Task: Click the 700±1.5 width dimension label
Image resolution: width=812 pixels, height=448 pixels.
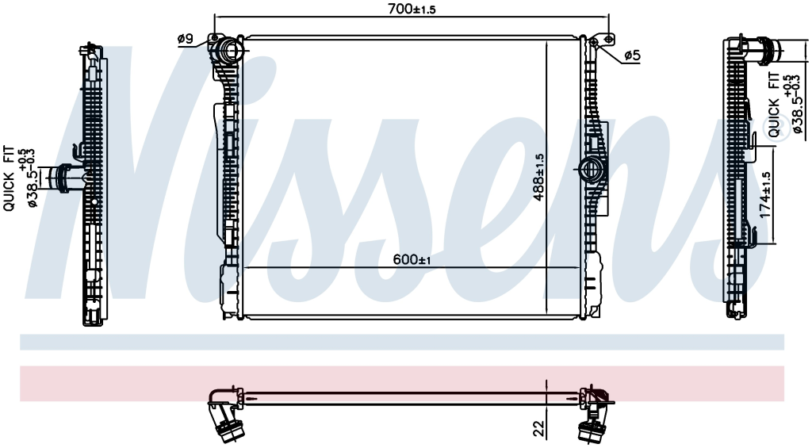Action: click(412, 8)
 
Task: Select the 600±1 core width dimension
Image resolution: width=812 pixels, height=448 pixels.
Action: click(412, 259)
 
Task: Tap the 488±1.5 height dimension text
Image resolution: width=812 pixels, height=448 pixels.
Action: click(539, 177)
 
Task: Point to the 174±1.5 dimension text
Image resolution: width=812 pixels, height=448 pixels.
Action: click(765, 195)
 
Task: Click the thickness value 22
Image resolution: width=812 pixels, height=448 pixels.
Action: click(539, 427)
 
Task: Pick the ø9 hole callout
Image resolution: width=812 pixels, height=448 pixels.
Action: click(185, 38)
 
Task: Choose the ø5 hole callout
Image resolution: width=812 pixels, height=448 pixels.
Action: click(632, 55)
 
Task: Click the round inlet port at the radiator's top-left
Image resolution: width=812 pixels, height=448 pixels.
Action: click(228, 50)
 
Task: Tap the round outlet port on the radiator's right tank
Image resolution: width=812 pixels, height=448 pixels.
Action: click(589, 169)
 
